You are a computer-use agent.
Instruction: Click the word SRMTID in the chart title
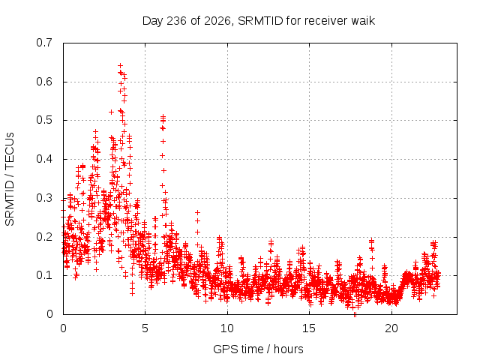[x=260, y=21]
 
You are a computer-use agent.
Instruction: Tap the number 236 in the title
[x=176, y=21]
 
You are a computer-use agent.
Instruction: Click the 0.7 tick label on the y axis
[x=44, y=43]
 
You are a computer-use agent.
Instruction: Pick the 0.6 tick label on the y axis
[x=44, y=82]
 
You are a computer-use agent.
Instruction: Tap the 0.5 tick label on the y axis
[x=44, y=120]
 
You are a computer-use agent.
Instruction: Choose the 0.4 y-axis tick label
[x=44, y=159]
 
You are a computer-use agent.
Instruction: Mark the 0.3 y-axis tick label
[x=44, y=198]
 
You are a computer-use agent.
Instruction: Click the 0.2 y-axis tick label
[x=44, y=237]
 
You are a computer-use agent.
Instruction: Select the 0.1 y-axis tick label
[x=44, y=275]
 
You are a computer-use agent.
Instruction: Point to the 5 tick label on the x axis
[x=145, y=328]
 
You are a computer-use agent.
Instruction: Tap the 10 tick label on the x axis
[x=227, y=328]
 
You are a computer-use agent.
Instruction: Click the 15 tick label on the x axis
[x=309, y=328]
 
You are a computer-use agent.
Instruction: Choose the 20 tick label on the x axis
[x=391, y=328]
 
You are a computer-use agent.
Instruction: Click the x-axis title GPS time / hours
[x=258, y=349]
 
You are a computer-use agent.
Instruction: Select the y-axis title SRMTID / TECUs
[x=10, y=179]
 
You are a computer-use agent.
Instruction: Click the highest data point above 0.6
[x=120, y=65]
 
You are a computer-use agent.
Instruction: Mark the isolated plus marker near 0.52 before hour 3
[x=111, y=112]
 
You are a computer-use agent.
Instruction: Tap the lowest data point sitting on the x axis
[x=355, y=314]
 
